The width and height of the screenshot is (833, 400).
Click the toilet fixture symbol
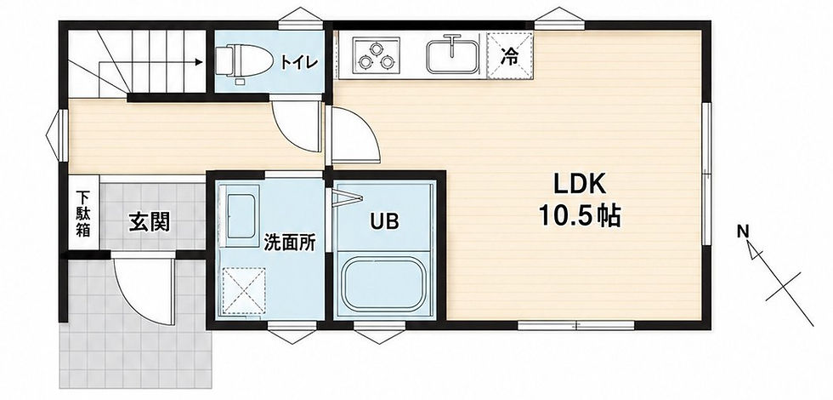pyautogui.click(x=244, y=60)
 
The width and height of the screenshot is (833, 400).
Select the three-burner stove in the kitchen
pyautogui.click(x=377, y=55)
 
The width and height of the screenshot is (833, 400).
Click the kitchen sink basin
pyautogui.click(x=451, y=54)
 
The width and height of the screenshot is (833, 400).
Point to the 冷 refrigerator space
pyautogui.click(x=509, y=55)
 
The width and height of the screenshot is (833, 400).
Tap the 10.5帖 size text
pyautogui.click(x=580, y=216)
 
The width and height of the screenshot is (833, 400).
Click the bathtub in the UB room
pyautogui.click(x=384, y=284)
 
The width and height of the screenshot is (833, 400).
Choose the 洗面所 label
pyautogui.click(x=290, y=243)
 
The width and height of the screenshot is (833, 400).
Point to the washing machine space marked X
pyautogui.click(x=243, y=290)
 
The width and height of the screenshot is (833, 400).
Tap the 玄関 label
pyautogui.click(x=150, y=223)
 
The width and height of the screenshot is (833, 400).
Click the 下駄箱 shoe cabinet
pyautogui.click(x=83, y=213)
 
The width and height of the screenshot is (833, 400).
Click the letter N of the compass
pyautogui.click(x=743, y=231)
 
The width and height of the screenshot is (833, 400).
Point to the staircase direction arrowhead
pyautogui.click(x=199, y=62)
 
